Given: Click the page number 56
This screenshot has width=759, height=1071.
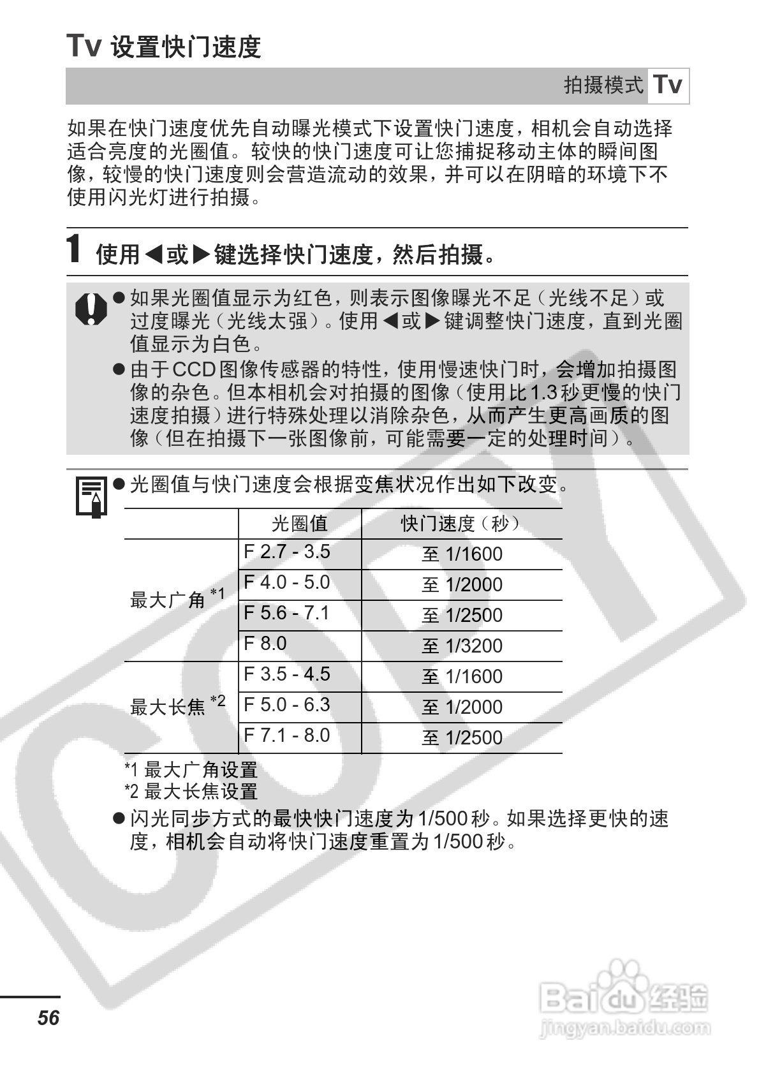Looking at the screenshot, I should [x=48, y=1017].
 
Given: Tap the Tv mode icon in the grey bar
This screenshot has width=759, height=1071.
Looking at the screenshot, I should [x=668, y=85].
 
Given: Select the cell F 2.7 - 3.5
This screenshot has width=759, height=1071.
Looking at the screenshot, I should [x=287, y=552].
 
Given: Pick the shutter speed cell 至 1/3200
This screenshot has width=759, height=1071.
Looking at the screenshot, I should [x=462, y=646].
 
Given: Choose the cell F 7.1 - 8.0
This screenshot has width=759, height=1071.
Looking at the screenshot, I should [x=287, y=735].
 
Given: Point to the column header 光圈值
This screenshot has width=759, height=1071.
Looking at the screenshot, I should [x=299, y=524].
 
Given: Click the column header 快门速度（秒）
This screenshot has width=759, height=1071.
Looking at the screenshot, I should [x=461, y=524].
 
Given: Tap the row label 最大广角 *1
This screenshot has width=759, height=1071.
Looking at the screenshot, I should [x=177, y=598].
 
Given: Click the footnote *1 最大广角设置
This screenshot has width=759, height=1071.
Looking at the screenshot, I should [x=191, y=770].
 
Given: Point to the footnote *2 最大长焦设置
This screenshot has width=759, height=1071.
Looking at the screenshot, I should [x=191, y=792].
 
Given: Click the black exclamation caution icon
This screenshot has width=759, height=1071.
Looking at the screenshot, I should [x=92, y=309].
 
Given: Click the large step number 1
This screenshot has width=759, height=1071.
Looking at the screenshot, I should [x=75, y=249].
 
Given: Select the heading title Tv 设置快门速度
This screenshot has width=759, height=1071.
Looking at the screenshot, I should [x=164, y=46].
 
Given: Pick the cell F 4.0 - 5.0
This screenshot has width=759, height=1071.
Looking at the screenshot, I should [x=287, y=582].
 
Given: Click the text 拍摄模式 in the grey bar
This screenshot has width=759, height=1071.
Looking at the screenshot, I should [x=603, y=85].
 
